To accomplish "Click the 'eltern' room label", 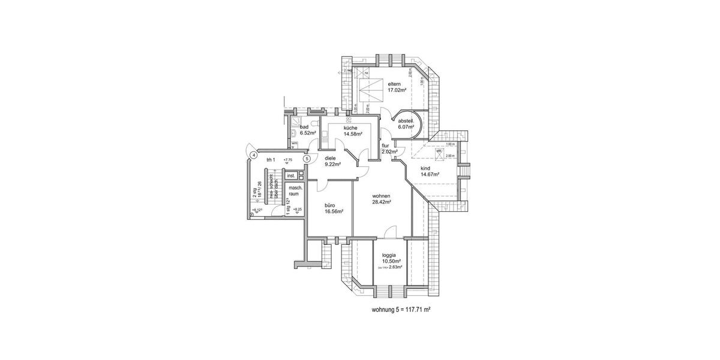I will tap(394, 83).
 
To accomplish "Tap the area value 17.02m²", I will tap(397, 90).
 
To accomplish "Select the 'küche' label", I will tap(352, 128).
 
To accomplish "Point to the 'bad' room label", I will tap(304, 127).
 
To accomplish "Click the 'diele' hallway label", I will tap(331, 158).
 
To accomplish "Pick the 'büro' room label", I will tap(329, 205).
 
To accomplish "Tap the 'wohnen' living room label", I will tap(382, 196).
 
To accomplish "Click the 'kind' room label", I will tap(425, 168).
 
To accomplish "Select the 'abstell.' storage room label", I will tap(407, 121).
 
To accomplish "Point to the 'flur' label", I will tap(385, 146).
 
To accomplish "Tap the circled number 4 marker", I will tap(254, 155).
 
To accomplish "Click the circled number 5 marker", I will tap(306, 159).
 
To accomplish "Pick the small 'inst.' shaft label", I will tap(291, 176).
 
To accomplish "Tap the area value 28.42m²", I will tap(382, 203).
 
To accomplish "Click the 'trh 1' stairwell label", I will tap(270, 160).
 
